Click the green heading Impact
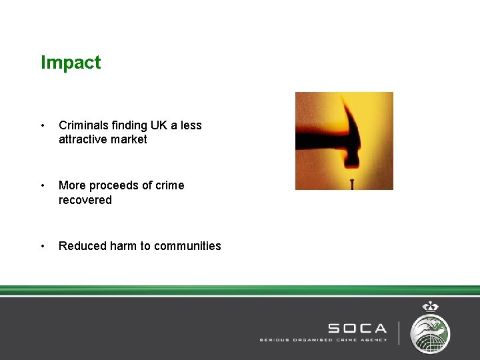click(x=71, y=63)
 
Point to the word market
click(x=131, y=139)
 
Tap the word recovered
click(x=85, y=200)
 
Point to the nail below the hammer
click(x=351, y=184)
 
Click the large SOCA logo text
click(x=357, y=328)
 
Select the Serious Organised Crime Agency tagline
click(x=323, y=340)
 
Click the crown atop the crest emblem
click(x=430, y=307)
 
